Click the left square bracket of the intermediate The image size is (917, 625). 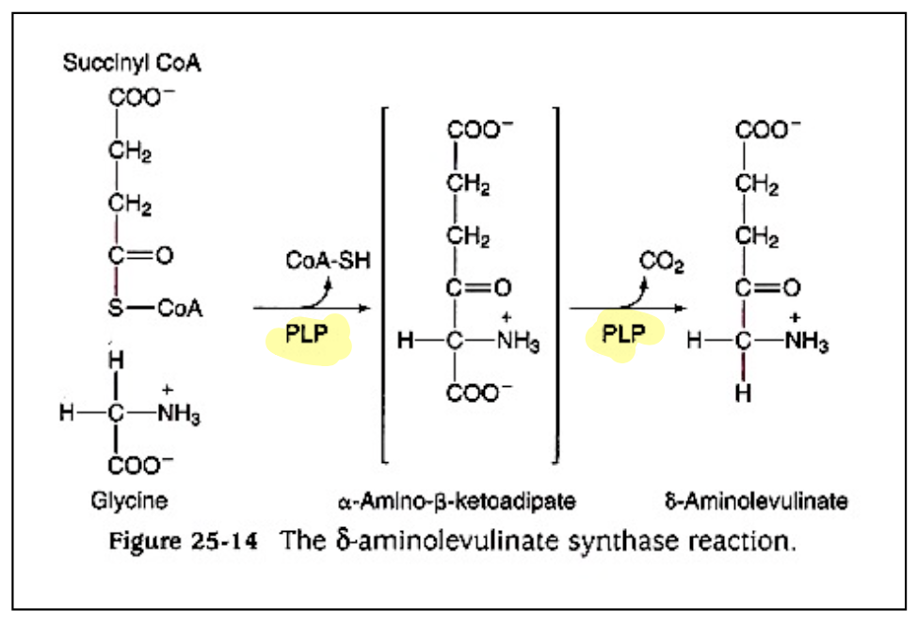point(385,283)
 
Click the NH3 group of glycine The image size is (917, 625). point(176,415)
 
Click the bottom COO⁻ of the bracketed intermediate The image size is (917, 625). point(475,396)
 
